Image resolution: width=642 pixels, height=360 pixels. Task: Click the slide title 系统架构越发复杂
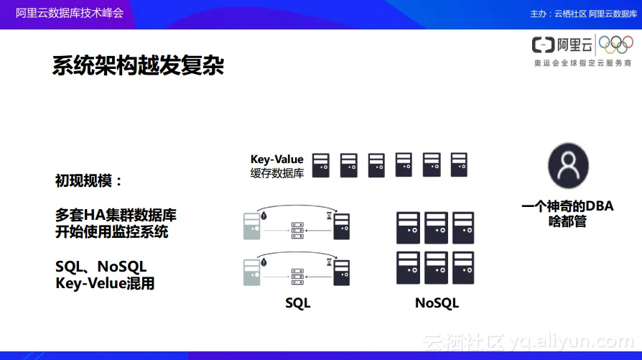[138, 67]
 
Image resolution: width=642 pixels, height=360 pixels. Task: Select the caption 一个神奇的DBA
[567, 207]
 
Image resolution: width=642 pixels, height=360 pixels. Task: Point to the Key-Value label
[277, 160]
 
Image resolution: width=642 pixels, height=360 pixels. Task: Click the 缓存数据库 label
[277, 173]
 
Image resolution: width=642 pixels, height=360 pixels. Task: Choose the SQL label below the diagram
[298, 303]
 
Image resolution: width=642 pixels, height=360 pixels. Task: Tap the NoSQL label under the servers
[437, 303]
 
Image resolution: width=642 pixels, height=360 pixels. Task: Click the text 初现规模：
[89, 180]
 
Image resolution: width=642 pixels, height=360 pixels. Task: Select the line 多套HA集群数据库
[116, 216]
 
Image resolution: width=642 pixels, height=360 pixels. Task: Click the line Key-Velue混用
[105, 283]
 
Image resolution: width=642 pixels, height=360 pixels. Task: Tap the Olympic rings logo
[616, 45]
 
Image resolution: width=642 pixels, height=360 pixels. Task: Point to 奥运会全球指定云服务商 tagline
[582, 63]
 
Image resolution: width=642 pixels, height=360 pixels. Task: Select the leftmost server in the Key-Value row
[321, 165]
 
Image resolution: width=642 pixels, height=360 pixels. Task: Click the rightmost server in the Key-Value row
[458, 165]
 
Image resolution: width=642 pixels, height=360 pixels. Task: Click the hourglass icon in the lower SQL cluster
[330, 263]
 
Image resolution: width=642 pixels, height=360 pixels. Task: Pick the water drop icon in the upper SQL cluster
[265, 214]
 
